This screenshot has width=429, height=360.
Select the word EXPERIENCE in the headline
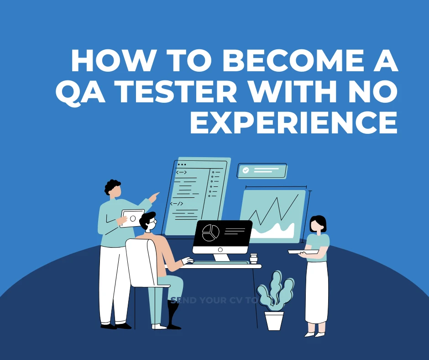293,122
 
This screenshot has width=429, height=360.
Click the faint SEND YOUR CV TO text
213,301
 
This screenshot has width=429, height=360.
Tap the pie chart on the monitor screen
210,233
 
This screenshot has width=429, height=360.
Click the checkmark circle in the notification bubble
246,170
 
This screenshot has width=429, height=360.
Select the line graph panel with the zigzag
273,215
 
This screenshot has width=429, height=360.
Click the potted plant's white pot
274,321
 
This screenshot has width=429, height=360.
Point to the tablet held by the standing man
132,218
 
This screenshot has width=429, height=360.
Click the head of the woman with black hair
318,224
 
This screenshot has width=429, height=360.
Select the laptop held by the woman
303,251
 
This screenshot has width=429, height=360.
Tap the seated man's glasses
153,222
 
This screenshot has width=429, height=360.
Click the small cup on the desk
254,259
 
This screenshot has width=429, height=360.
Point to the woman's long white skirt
316,292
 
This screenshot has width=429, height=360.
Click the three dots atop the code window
182,164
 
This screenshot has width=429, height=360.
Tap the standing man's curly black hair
112,185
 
